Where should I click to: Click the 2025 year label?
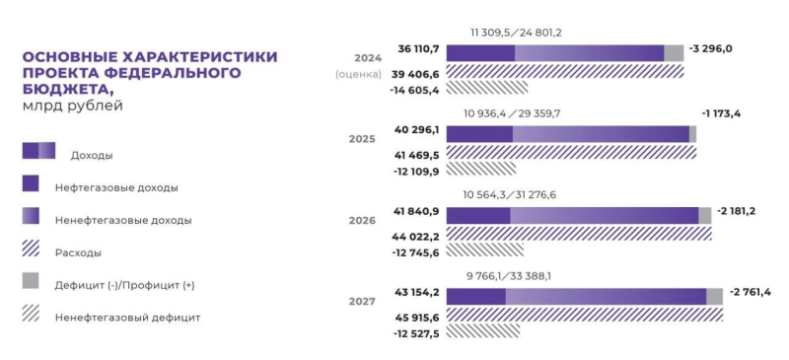coord(362,139)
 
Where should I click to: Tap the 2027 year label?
coord(362,300)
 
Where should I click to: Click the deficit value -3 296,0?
coord(711,48)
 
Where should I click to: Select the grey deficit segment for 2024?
coord(674,53)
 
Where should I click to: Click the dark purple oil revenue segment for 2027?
coord(475,296)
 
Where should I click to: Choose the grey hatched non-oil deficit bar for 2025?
coord(480,170)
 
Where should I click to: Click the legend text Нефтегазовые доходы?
coord(123,186)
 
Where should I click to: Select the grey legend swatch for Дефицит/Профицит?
coord(31,282)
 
